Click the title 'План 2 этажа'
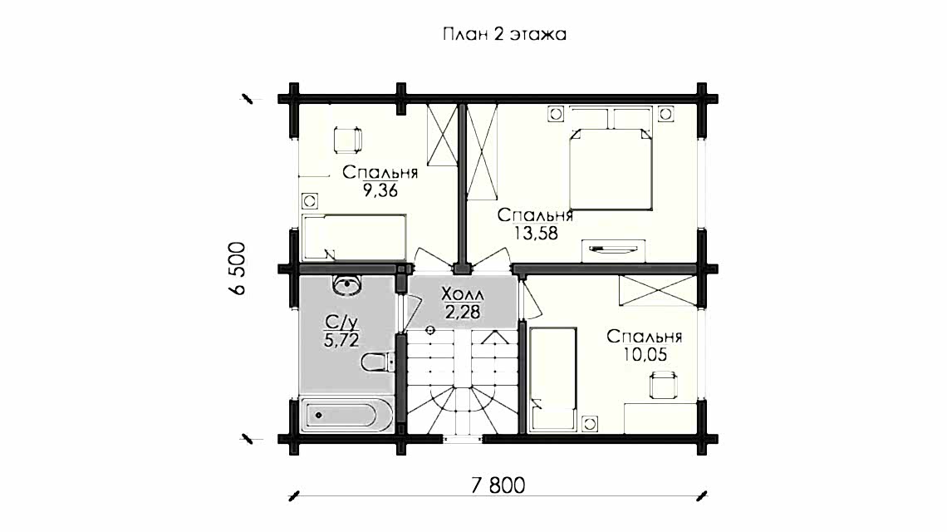pos(504,34)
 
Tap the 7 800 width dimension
pos(498,485)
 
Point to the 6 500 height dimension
pos(238,268)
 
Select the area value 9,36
pos(380,191)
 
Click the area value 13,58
pos(535,233)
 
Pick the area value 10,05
pos(645,354)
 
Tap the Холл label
pos(463,295)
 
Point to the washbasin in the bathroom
pos(346,284)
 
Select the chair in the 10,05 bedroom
pos(663,385)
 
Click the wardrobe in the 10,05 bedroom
pos(657,291)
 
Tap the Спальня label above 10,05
pos(645,337)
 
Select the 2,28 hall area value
pos(464,312)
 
